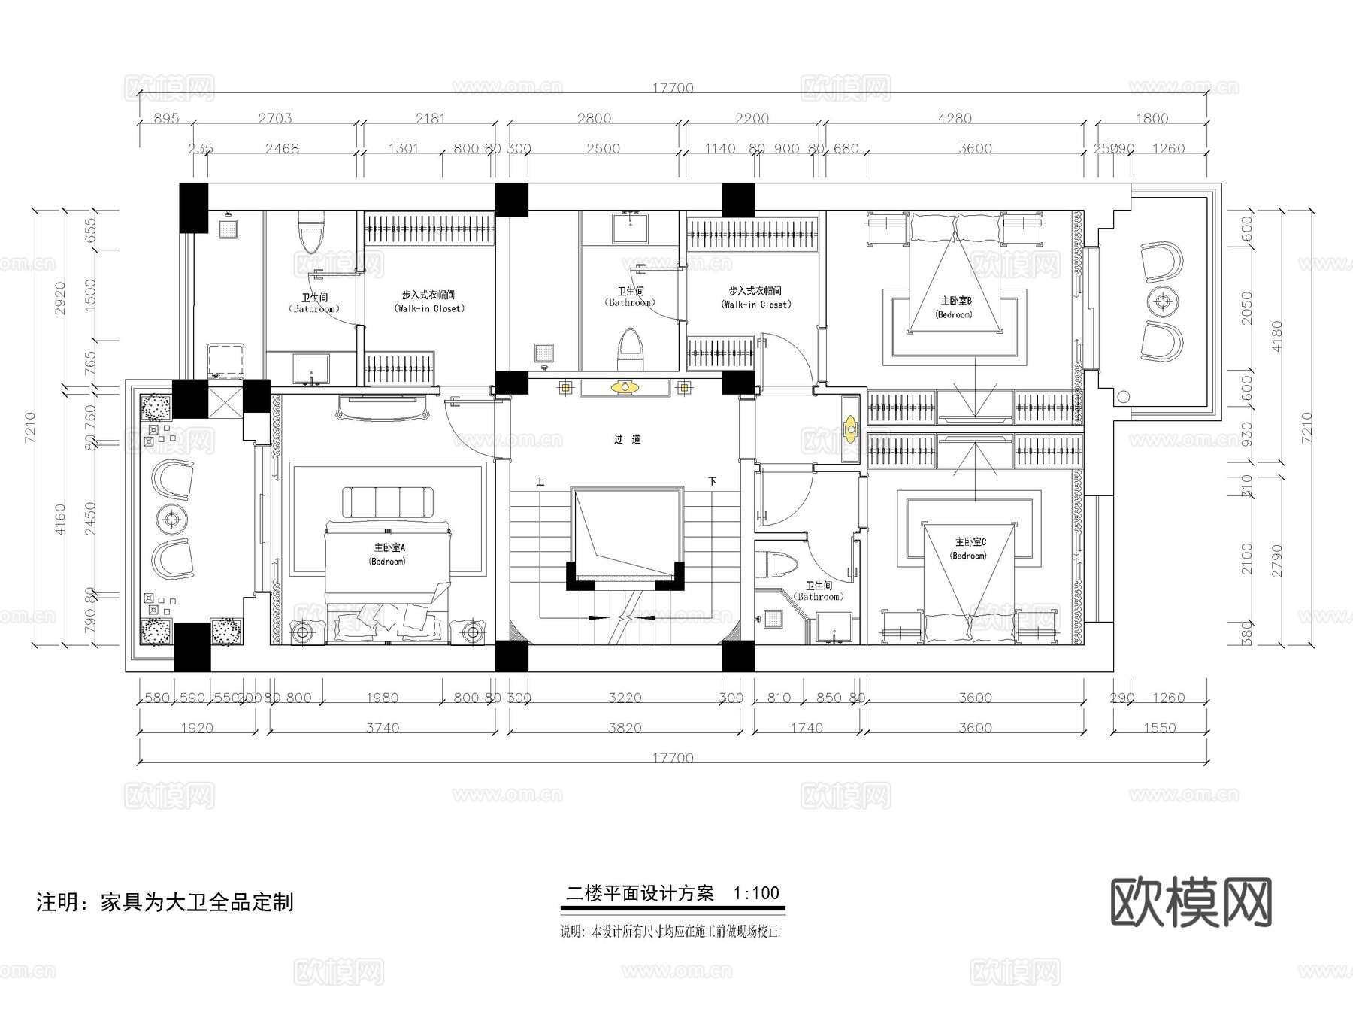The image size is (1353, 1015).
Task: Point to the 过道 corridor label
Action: [x=627, y=440]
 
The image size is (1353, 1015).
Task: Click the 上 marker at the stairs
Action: [x=539, y=481]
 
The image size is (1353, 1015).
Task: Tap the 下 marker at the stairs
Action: [x=711, y=481]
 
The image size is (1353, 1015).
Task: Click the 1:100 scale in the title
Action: [x=756, y=893]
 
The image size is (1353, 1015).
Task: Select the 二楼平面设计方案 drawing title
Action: [x=640, y=893]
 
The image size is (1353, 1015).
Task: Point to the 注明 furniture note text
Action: [x=165, y=902]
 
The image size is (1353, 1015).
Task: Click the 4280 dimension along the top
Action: [x=955, y=119]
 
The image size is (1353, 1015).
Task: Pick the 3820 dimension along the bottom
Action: [x=625, y=728]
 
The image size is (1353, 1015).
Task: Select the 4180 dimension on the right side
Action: [x=1276, y=336]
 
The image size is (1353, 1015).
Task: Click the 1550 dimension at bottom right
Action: [x=1160, y=728]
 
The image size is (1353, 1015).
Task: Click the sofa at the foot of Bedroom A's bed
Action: [x=389, y=502]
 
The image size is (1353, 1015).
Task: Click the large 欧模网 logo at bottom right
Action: [x=1191, y=902]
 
